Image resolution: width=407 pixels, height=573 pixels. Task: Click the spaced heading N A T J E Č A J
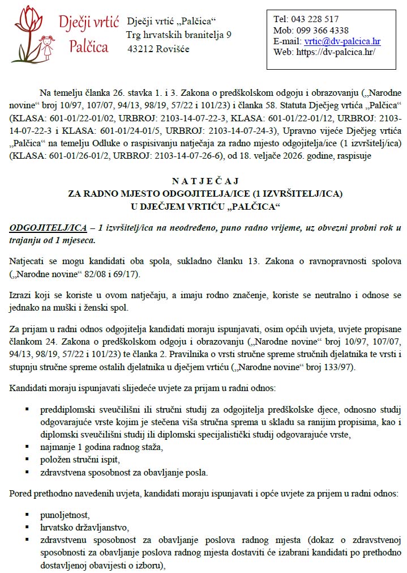click(205, 182)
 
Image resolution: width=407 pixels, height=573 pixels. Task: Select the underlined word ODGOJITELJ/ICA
click(48, 228)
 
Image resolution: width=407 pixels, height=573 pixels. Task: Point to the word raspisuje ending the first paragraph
click(353, 156)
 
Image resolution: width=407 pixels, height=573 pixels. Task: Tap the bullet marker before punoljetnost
click(27, 514)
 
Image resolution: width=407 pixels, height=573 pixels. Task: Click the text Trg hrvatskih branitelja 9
click(179, 35)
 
